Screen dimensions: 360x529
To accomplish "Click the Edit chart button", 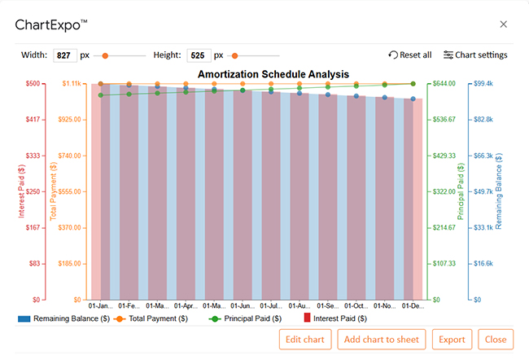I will tap(305, 339).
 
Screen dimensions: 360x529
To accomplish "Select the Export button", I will tap(452, 339).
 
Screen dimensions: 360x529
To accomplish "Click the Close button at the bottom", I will tap(496, 339).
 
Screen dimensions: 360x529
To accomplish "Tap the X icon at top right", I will tap(503, 25).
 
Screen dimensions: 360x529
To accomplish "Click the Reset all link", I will tap(410, 55).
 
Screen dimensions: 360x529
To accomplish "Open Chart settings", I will tap(475, 55).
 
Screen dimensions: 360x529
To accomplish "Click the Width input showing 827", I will tap(65, 55).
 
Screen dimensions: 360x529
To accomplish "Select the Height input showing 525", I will tap(198, 55).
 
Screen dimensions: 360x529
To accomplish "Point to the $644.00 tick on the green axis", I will tap(444, 84).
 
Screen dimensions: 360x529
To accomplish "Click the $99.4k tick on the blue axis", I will tap(485, 84).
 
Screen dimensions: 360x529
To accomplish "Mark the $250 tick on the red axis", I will tap(33, 191).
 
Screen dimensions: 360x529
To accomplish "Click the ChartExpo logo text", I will tap(52, 25).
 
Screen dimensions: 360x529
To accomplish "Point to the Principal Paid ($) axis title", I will tap(460, 191).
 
